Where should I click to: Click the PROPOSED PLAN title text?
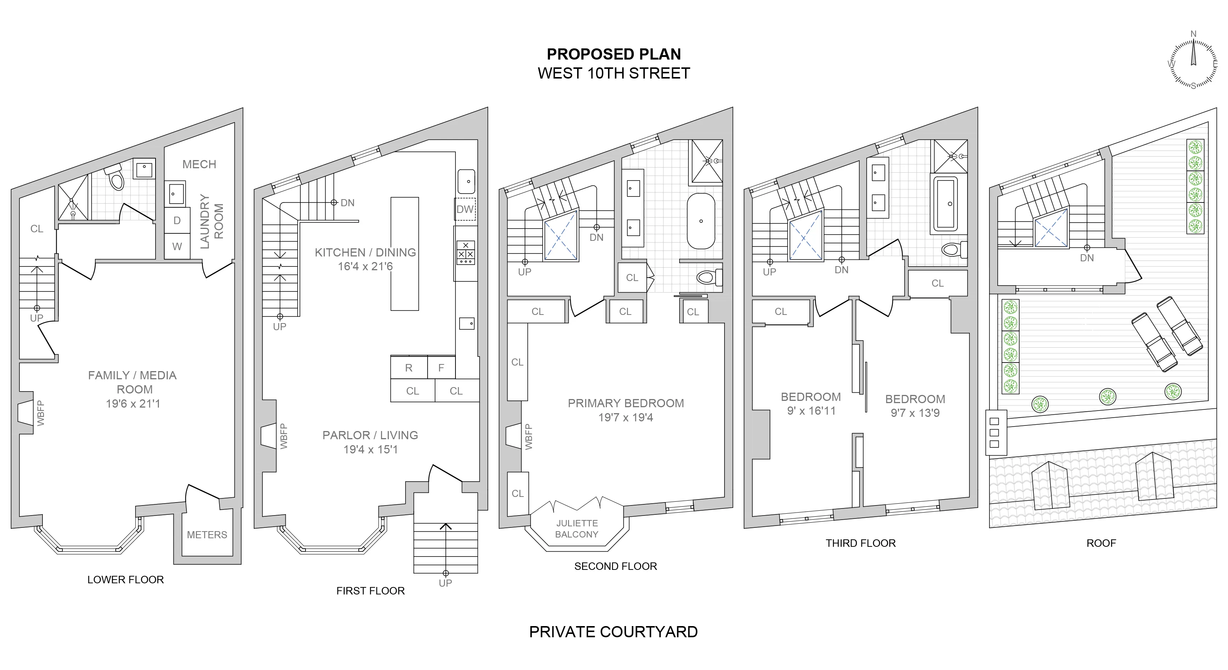point(614,54)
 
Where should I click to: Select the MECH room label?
point(199,165)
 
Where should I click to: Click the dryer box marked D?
point(177,221)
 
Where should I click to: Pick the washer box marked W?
point(177,246)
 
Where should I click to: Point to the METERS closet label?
point(207,535)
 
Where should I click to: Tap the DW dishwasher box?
point(465,209)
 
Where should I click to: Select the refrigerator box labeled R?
point(409,368)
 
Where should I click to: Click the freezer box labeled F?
point(441,368)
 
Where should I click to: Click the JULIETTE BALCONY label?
point(576,529)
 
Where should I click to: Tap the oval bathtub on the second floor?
point(701,221)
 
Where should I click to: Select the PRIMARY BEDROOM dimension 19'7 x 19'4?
point(626,418)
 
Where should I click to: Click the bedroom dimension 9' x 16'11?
point(811,411)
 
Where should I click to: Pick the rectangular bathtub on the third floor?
point(945,204)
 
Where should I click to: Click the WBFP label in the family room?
point(41,413)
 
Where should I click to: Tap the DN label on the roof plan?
point(1087,258)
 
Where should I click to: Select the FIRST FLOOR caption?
point(370,591)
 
